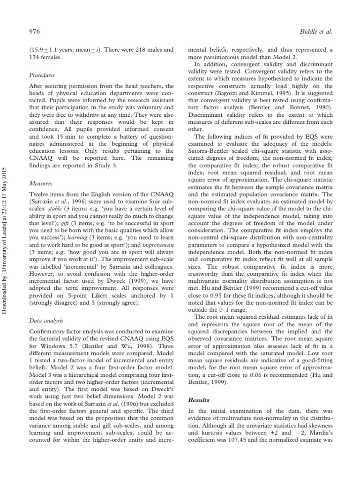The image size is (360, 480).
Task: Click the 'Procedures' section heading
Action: click(42, 75)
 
